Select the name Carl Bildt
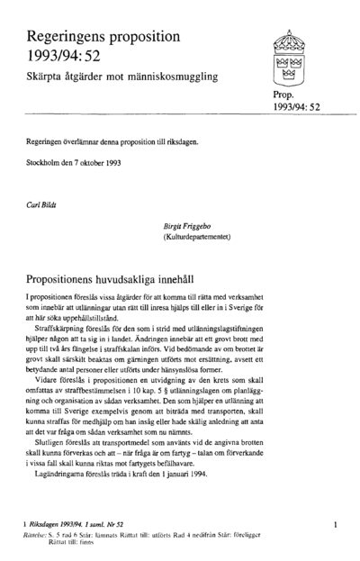pos(43,204)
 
